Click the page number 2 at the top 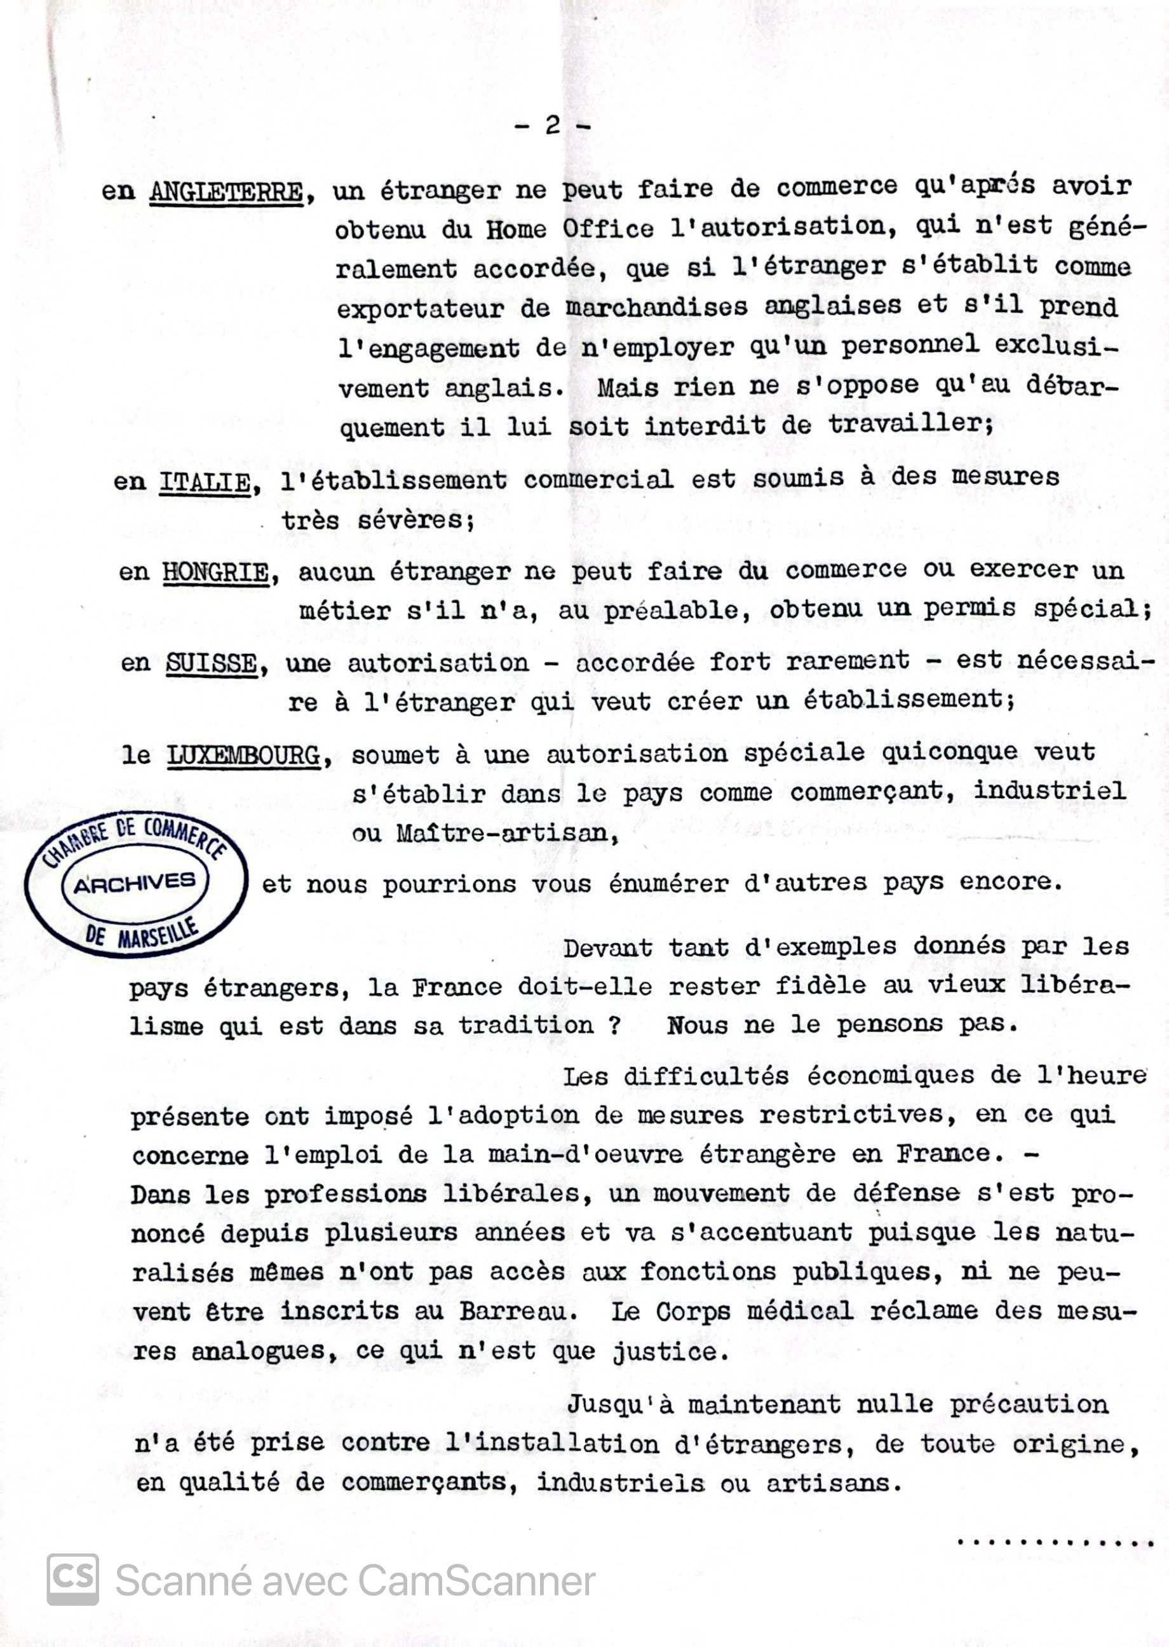[x=553, y=125]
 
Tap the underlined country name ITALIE [x=205, y=482]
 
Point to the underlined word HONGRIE [x=217, y=573]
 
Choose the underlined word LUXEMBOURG [x=244, y=756]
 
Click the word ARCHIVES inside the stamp [x=135, y=883]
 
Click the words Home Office [x=569, y=229]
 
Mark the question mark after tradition [x=614, y=1025]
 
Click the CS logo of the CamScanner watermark [x=72, y=1580]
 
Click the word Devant [x=608, y=948]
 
